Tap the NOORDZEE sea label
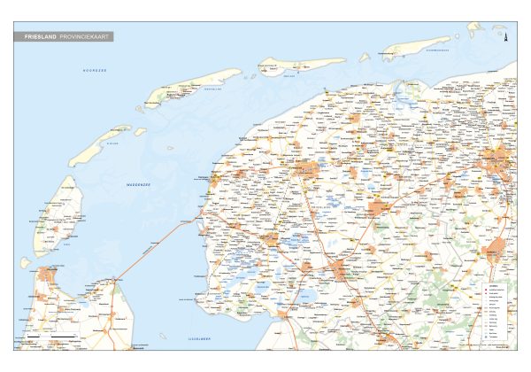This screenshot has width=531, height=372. click(95, 69)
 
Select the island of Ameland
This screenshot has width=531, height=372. click(299, 65)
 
